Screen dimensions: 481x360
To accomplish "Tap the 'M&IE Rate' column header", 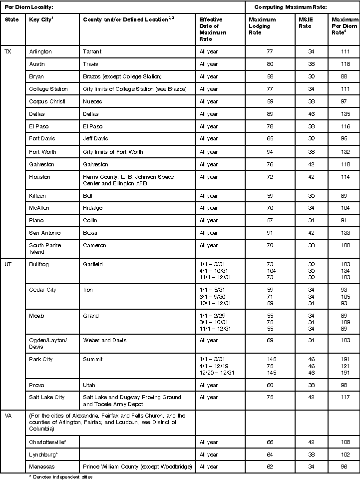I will point(305,23).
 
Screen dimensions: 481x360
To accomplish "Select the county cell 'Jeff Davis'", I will point(95,138).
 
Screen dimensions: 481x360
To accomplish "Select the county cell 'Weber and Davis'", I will point(105,340).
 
